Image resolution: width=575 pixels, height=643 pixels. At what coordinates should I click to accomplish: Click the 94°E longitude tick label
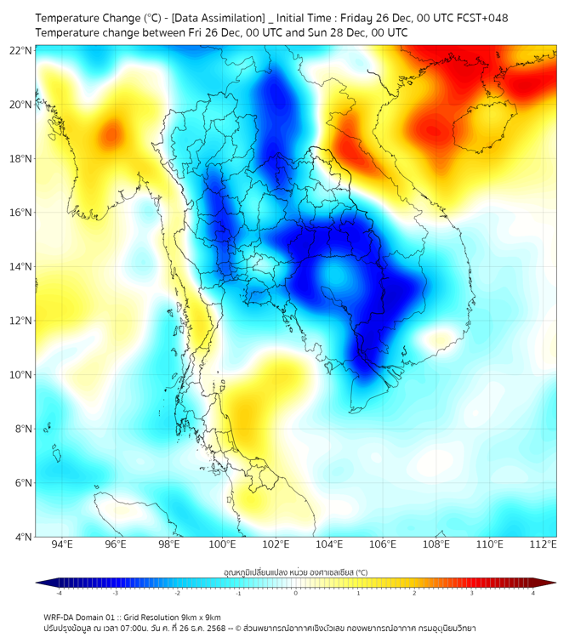(x=62, y=544)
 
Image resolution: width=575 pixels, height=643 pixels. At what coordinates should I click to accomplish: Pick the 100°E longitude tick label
(x=222, y=544)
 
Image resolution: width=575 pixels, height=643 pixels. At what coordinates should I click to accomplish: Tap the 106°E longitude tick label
(x=383, y=544)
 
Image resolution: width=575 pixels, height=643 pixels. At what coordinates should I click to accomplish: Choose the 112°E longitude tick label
(x=543, y=544)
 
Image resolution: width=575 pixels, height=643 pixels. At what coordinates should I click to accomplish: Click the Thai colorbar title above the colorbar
(x=295, y=572)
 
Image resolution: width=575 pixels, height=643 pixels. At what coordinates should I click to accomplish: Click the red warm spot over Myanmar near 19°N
(x=111, y=134)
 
